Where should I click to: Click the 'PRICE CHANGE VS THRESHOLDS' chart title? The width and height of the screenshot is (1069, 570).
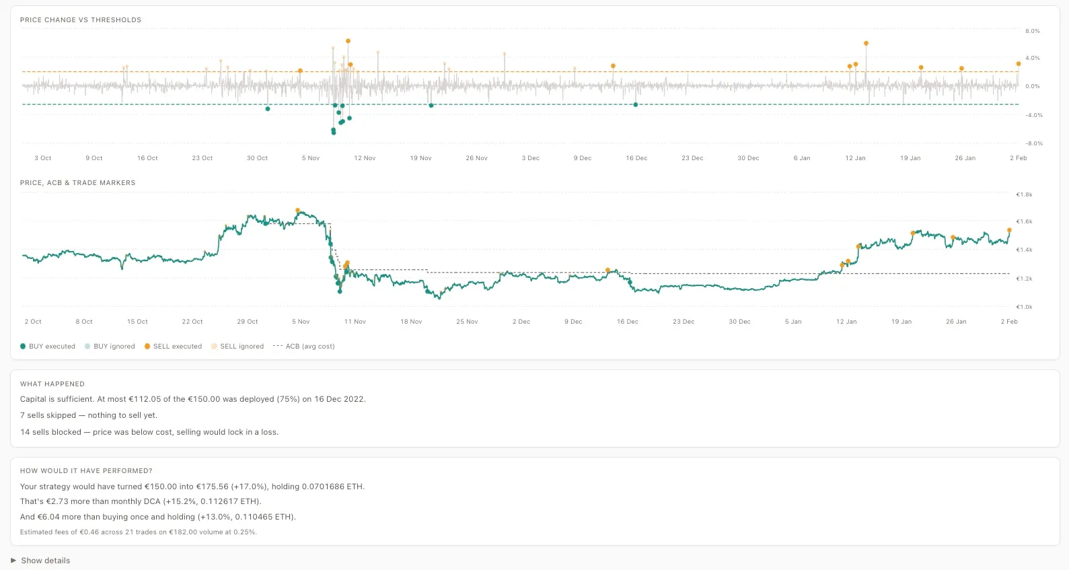point(81,20)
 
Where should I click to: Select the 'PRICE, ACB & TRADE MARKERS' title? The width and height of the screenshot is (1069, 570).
point(78,183)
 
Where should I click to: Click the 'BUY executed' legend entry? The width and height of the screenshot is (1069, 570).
point(48,347)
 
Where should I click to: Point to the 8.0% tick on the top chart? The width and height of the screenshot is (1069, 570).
point(1032,32)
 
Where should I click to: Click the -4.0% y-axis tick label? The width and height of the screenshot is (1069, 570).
point(1033,116)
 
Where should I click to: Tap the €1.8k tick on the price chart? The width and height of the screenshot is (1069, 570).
point(1024,195)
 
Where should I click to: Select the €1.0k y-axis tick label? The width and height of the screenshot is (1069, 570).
point(1024,308)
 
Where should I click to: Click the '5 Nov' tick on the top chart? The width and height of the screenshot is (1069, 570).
point(311,158)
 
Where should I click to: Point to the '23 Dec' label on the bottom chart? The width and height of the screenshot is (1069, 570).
point(684,322)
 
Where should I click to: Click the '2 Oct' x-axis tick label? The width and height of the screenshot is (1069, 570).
point(33,322)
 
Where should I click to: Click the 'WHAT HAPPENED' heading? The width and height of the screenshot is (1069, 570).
point(52,384)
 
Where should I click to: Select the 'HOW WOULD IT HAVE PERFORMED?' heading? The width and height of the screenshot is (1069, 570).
point(86,471)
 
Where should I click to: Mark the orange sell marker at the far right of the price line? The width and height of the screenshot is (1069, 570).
point(1009,230)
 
